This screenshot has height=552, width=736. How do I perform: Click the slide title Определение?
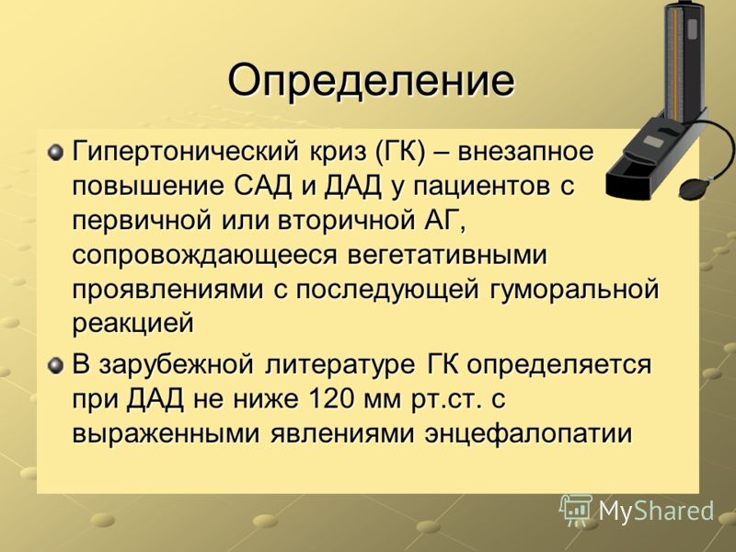pyautogui.click(x=371, y=81)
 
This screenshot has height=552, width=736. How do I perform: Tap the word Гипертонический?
pyautogui.click(x=185, y=153)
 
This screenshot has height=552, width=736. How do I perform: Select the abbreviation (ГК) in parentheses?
pyautogui.click(x=400, y=153)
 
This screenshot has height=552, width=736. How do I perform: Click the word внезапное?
pyautogui.click(x=525, y=152)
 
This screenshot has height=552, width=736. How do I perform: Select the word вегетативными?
pyautogui.click(x=448, y=256)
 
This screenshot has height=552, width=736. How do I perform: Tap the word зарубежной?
pyautogui.click(x=177, y=365)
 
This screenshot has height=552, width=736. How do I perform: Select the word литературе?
pyautogui.click(x=339, y=365)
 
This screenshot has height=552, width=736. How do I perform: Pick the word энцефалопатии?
pyautogui.click(x=528, y=434)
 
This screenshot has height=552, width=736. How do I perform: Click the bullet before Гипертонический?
pyautogui.click(x=55, y=153)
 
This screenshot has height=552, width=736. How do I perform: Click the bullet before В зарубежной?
pyautogui.click(x=55, y=365)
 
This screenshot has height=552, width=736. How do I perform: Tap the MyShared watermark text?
pyautogui.click(x=656, y=512)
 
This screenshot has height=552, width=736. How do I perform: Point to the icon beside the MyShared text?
pyautogui.click(x=577, y=510)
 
